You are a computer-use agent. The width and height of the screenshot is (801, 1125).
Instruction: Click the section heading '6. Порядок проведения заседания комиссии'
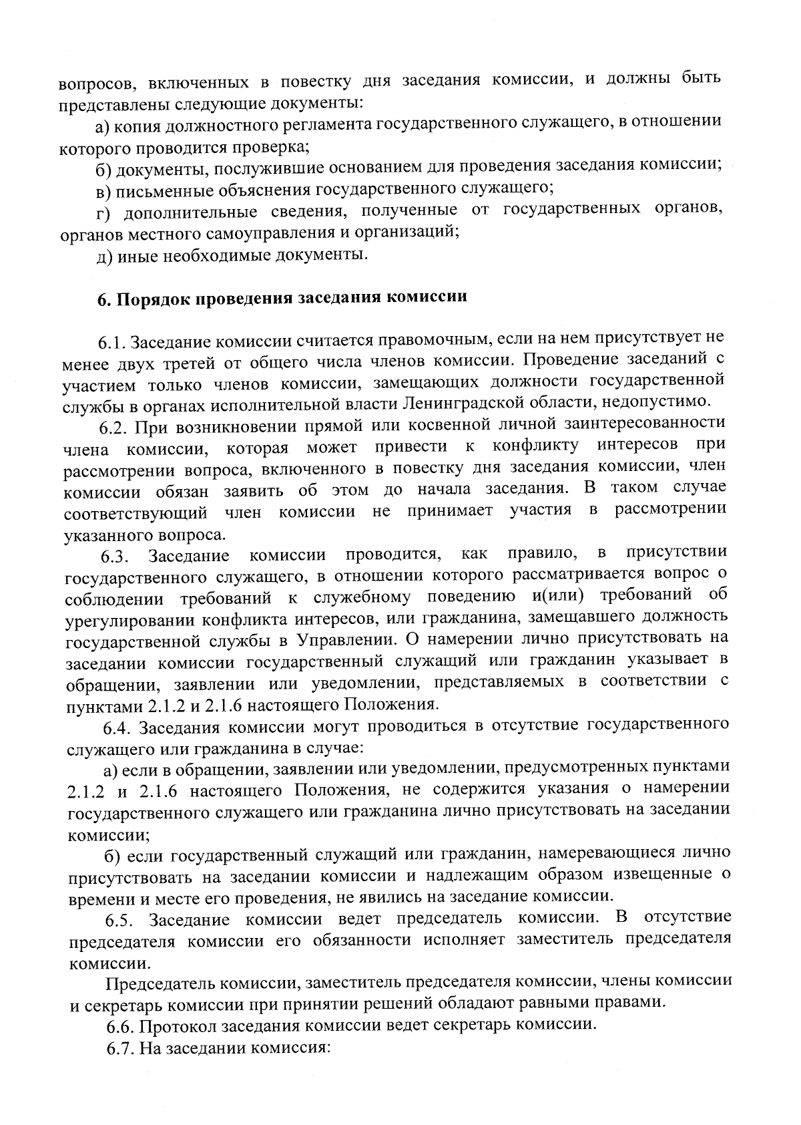[x=282, y=299]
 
